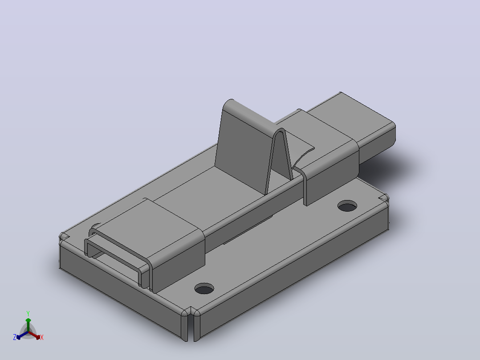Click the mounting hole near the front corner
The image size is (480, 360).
pyautogui.click(x=204, y=289)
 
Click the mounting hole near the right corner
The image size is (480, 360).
pyautogui.click(x=347, y=206)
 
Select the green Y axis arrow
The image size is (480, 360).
pyautogui.click(x=28, y=325)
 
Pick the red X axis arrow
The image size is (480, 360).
pyautogui.click(x=34, y=335)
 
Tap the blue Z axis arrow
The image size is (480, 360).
pyautogui.click(x=22, y=335)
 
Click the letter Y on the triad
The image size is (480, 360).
pyautogui.click(x=28, y=314)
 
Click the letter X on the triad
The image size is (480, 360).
pyautogui.click(x=42, y=337)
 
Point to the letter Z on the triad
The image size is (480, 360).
pyautogui.click(x=15, y=337)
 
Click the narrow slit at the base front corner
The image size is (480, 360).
pyautogui.click(x=191, y=324)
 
